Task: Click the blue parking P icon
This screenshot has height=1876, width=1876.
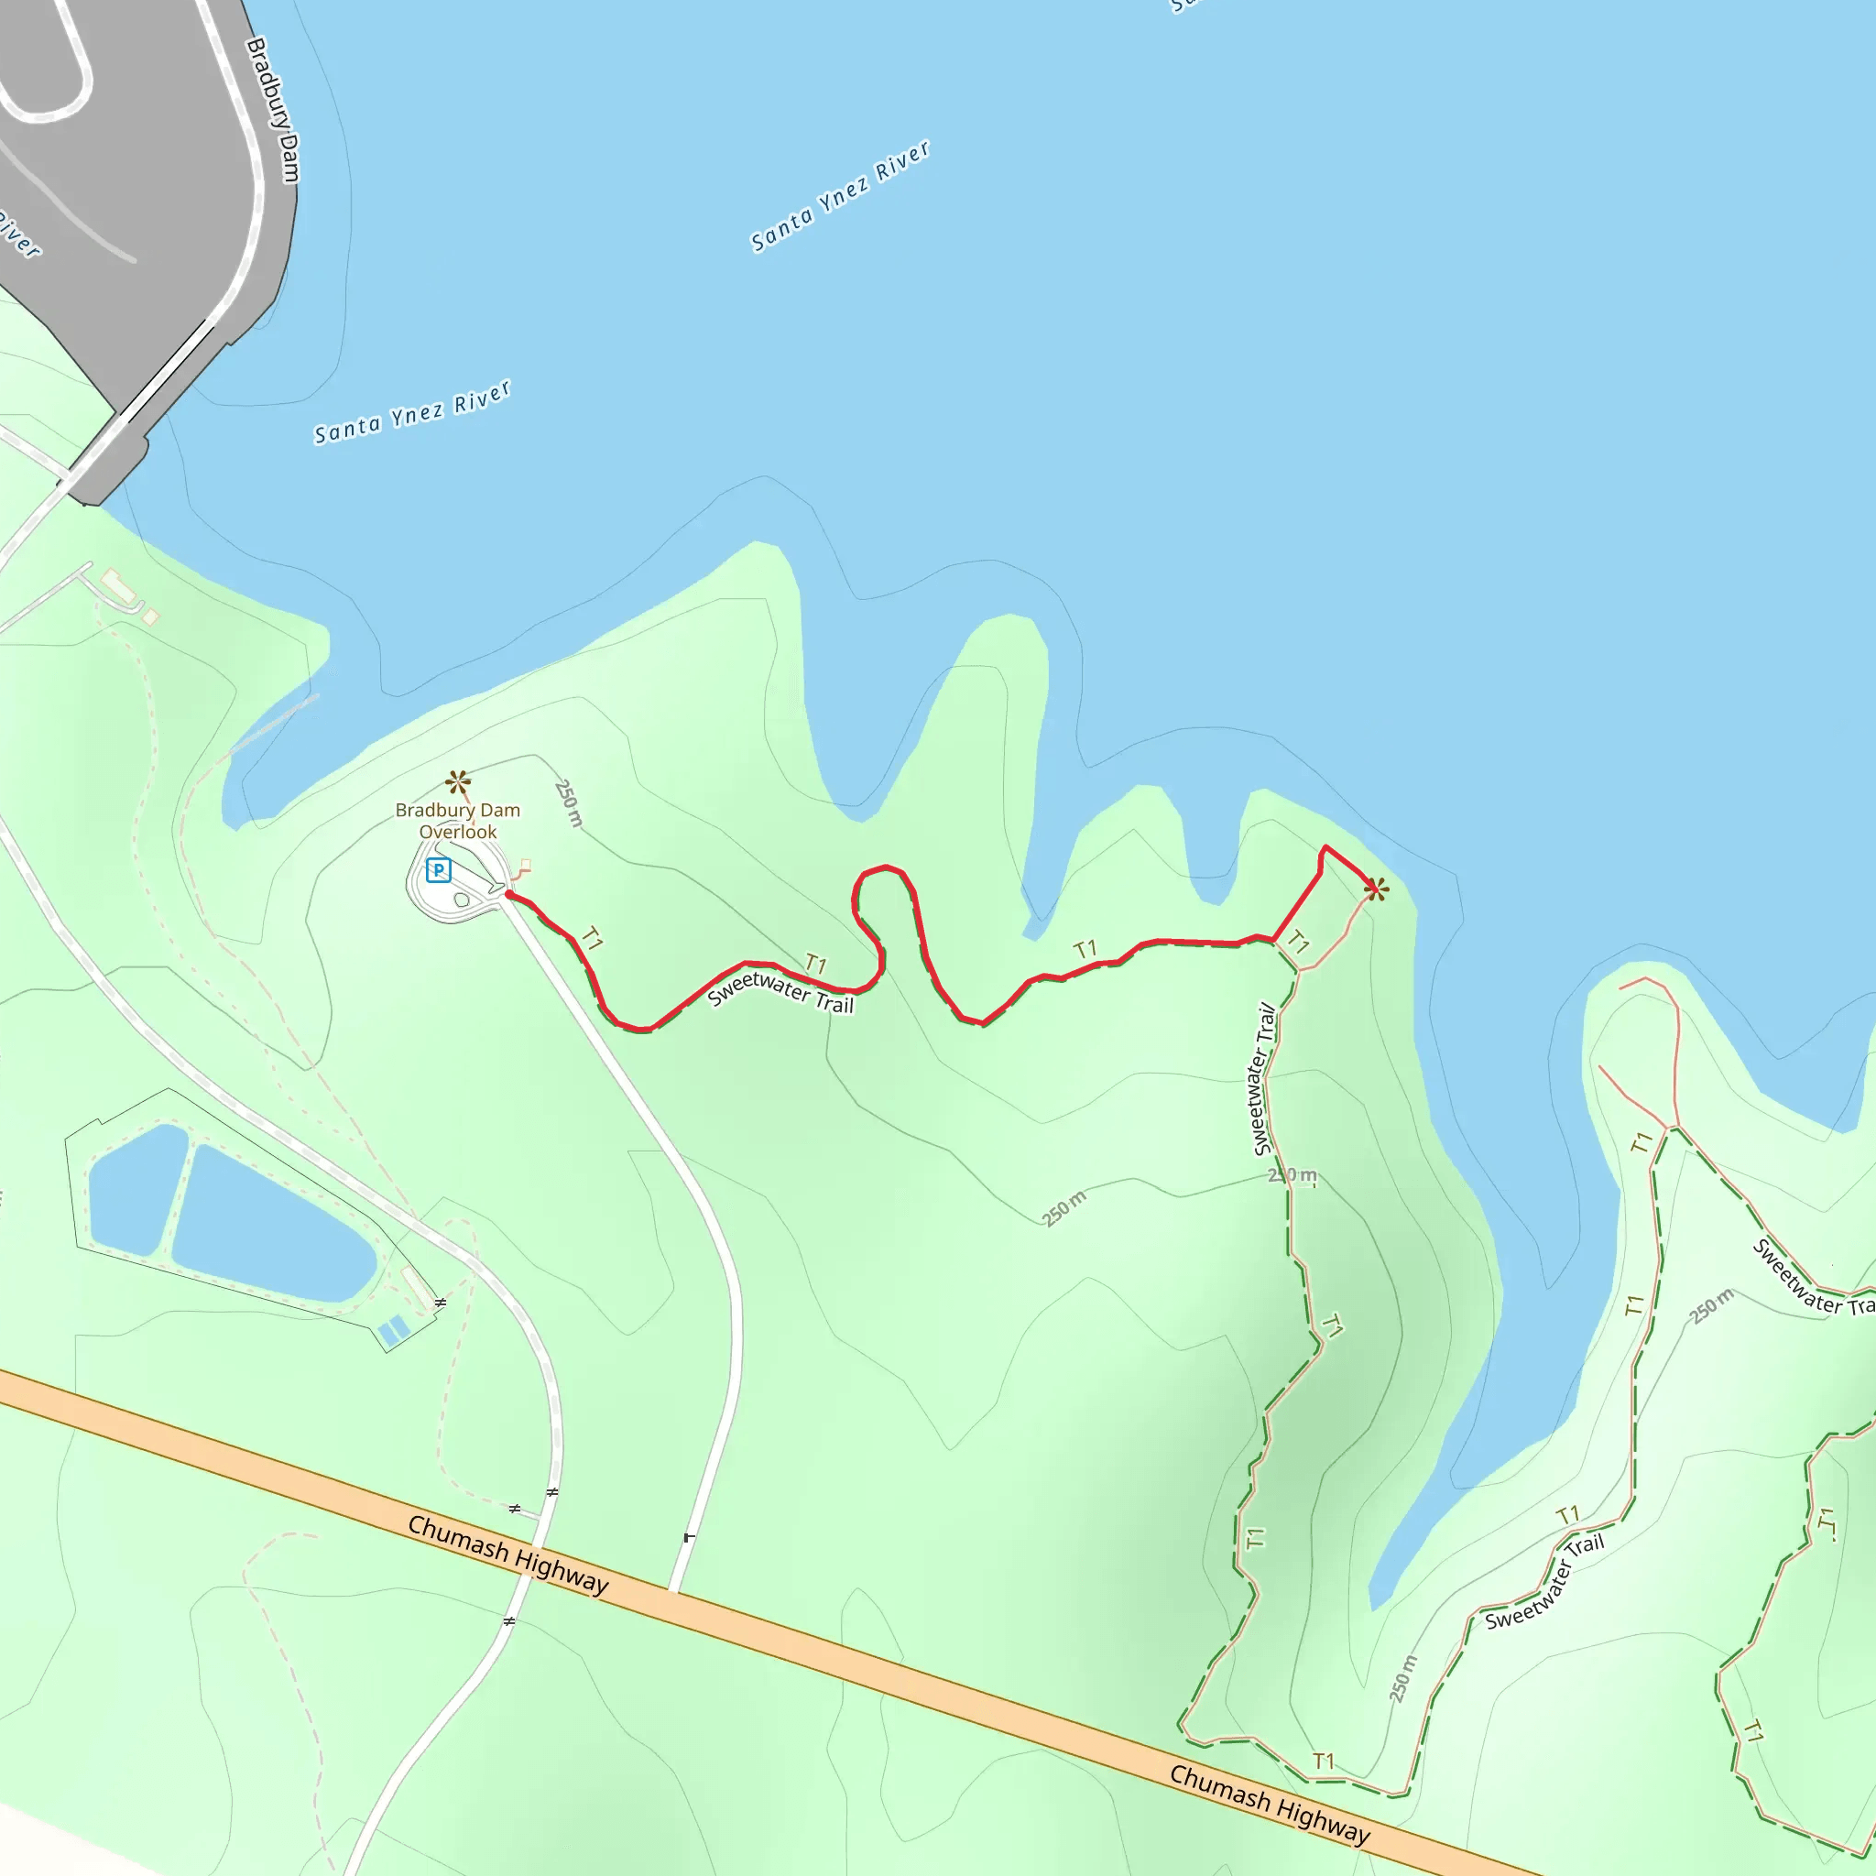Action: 439,870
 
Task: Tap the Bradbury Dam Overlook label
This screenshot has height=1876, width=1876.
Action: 457,821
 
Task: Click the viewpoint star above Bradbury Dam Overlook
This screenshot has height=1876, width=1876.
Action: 458,781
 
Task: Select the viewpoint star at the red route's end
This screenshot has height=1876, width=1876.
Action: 1376,889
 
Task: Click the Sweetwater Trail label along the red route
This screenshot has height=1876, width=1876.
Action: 780,991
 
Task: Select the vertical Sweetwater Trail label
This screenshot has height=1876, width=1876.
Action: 1263,1079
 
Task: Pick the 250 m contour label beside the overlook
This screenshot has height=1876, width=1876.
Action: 569,803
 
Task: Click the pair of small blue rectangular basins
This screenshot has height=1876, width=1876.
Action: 392,1331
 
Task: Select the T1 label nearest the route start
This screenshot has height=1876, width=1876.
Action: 592,939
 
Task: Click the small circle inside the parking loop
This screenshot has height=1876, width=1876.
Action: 463,900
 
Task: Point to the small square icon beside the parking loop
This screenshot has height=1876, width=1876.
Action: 525,864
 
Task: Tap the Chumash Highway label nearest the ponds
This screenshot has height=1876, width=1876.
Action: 507,1554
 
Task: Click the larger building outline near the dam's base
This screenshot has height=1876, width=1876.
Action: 117,585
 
